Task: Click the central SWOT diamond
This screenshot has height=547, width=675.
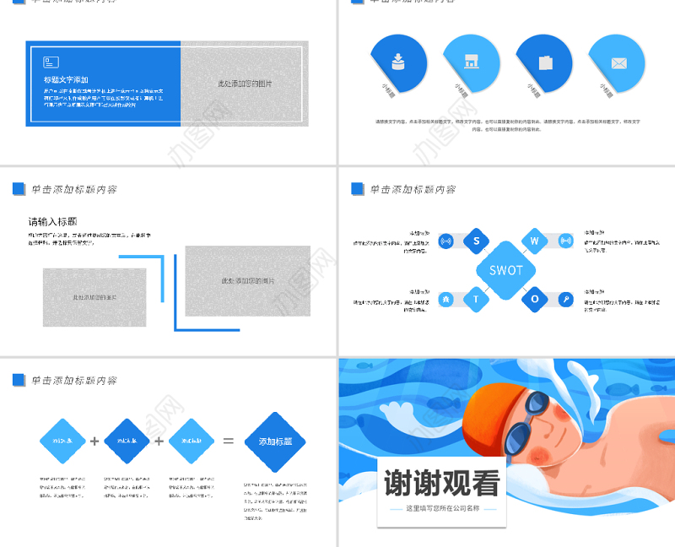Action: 506,270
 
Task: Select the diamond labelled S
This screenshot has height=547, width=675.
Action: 476,241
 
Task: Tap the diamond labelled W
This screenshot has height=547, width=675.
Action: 534,241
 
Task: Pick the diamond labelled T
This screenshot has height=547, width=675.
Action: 476,299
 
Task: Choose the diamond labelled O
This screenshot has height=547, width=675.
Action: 534,299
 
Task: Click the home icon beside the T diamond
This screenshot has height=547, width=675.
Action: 446,299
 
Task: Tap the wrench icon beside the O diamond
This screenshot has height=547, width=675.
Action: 565,299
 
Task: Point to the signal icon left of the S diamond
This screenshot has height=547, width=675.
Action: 446,241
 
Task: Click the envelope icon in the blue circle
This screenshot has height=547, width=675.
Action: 618,63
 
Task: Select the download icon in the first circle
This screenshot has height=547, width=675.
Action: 398,61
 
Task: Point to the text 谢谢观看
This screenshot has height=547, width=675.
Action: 442,484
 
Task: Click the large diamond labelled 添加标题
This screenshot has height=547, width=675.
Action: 275,441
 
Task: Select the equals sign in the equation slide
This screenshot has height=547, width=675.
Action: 228,441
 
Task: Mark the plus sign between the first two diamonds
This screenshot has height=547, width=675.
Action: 94,441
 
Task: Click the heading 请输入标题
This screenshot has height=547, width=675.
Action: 58,221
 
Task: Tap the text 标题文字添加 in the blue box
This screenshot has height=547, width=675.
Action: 66,79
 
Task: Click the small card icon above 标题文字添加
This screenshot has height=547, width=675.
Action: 51,62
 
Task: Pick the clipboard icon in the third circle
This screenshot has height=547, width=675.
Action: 545,62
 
